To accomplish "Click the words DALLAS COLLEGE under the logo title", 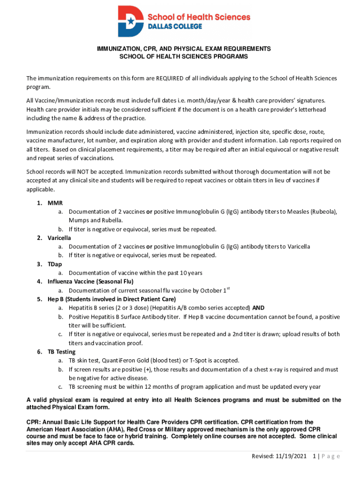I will pyautogui.click(x=175, y=27).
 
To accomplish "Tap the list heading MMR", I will pyautogui.click(x=55, y=203).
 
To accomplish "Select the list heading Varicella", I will pyautogui.click(x=59, y=238).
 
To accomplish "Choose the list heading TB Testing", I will pyautogui.click(x=61, y=352).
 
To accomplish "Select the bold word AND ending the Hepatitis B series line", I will pyautogui.click(x=259, y=308).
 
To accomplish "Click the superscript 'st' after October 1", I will pyautogui.click(x=229, y=288).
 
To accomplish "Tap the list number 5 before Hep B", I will pyautogui.click(x=39, y=299).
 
